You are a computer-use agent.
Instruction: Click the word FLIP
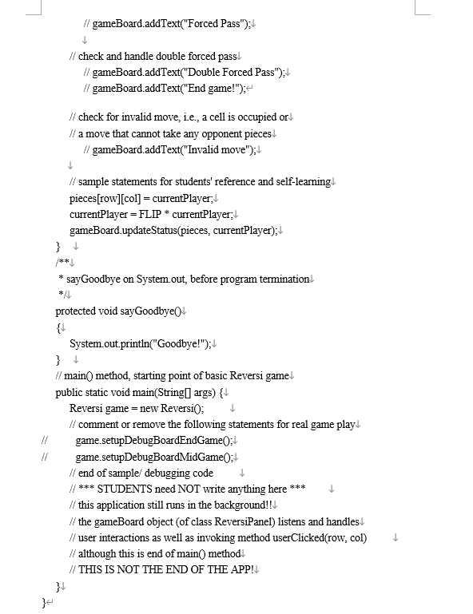coord(155,214)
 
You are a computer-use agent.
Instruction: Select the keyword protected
coord(78,311)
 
